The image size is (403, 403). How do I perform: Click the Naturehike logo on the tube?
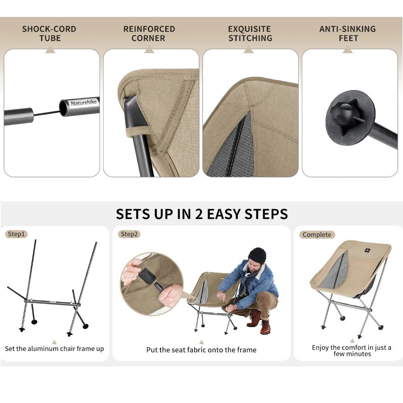coord(84,103)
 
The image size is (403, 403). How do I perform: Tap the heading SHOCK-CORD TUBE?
coord(49,33)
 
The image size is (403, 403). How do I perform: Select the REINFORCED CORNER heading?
coord(149,33)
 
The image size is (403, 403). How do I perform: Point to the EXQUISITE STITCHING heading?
coord(250,33)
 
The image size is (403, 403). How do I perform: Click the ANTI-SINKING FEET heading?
coord(347,33)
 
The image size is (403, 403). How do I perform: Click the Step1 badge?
coord(16,234)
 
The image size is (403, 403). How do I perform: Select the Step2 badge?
coord(129,234)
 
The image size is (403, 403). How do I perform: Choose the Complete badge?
coord(317,235)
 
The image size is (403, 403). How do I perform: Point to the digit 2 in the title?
coord(199,214)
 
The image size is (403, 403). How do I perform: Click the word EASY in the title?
coord(223,214)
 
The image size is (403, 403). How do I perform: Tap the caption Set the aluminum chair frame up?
coord(54,349)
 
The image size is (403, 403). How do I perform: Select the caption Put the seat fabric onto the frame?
coord(201,350)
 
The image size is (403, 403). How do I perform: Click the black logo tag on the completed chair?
coord(367,250)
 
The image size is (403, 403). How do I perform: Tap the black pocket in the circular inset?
coord(147,276)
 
